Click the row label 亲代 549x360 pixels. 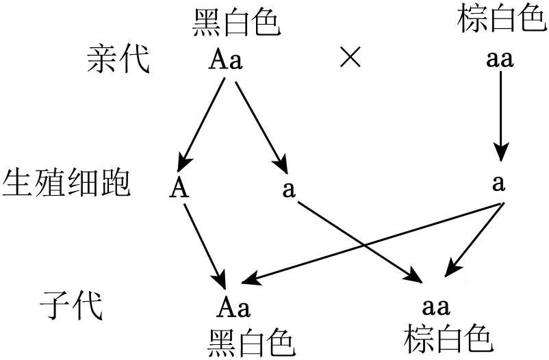click(x=117, y=60)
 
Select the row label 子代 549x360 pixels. click(x=71, y=306)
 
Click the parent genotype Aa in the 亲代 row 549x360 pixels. click(x=225, y=60)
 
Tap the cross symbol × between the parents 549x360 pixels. click(x=350, y=59)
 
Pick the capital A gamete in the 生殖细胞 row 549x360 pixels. click(x=179, y=187)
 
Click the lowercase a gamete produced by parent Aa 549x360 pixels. click(x=289, y=188)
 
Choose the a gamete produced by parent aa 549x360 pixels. click(x=499, y=183)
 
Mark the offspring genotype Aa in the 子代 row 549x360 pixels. click(x=234, y=306)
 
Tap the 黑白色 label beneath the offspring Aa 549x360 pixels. click(x=252, y=339)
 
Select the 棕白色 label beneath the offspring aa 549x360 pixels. click(x=448, y=337)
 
